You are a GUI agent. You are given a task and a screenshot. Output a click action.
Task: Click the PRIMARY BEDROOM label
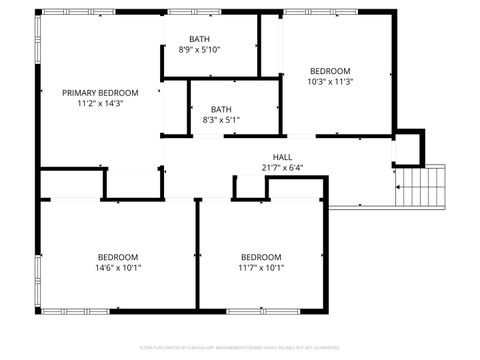[100, 92]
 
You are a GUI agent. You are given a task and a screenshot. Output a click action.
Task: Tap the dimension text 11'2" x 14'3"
[100, 103]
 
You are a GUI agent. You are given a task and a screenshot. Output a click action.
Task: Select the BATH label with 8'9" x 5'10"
[200, 39]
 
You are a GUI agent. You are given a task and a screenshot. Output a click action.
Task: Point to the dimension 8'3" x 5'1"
[221, 120]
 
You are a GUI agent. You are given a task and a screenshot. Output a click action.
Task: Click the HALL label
[283, 157]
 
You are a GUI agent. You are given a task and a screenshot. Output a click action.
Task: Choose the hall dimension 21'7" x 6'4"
[283, 168]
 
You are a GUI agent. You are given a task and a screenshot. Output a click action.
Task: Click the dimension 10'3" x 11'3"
[329, 81]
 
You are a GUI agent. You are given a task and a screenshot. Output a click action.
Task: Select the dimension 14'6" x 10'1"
[118, 267]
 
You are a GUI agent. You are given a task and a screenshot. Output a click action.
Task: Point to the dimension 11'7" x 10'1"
[261, 267]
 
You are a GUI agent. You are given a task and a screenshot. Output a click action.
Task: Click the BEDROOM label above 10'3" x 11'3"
[329, 70]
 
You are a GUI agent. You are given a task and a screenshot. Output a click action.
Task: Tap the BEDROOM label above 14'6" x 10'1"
[118, 256]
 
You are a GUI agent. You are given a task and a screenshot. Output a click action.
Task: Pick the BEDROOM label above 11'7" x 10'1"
[261, 256]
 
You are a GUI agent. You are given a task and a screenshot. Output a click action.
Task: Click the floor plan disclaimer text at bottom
[240, 349]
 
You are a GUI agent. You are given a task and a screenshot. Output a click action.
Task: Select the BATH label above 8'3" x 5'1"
[221, 109]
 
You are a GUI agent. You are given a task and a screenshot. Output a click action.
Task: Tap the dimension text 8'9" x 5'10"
[200, 50]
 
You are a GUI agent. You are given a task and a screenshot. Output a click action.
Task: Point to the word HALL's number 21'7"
[271, 168]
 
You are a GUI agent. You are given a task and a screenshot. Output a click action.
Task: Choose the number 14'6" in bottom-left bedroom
[105, 267]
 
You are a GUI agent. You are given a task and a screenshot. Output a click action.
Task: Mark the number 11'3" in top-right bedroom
[343, 81]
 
